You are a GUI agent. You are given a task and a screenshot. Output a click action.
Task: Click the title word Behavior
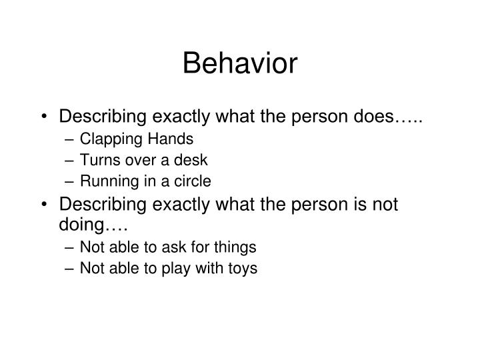coord(240,63)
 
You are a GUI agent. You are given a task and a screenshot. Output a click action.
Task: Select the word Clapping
coord(107,139)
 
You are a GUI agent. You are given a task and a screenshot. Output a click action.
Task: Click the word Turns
coord(97,160)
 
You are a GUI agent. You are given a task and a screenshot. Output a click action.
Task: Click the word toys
coord(242,269)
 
